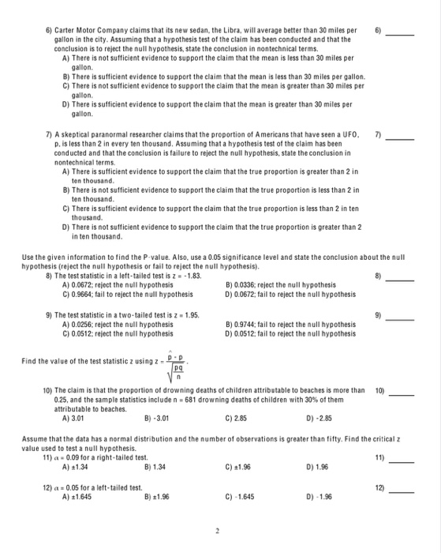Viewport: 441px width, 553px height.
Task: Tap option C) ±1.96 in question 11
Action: [237, 467]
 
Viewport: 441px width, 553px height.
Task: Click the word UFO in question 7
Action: [346, 136]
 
